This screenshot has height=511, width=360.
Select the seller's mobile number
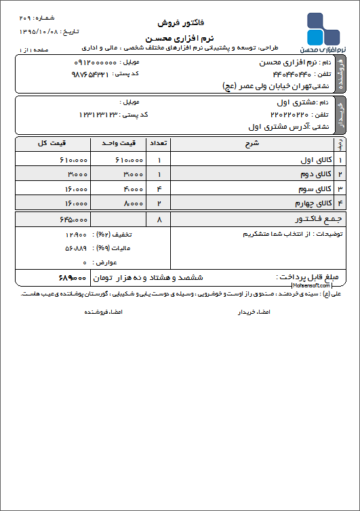coord(95,62)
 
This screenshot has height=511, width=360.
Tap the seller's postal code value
coord(89,74)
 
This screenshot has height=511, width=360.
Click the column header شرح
coord(252,144)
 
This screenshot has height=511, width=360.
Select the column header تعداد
coord(159,144)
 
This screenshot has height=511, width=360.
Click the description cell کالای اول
coord(314,160)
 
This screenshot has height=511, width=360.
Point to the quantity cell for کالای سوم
coord(159,188)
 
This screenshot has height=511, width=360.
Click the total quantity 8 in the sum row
coord(159,220)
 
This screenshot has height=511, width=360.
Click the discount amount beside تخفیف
coord(74,234)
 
